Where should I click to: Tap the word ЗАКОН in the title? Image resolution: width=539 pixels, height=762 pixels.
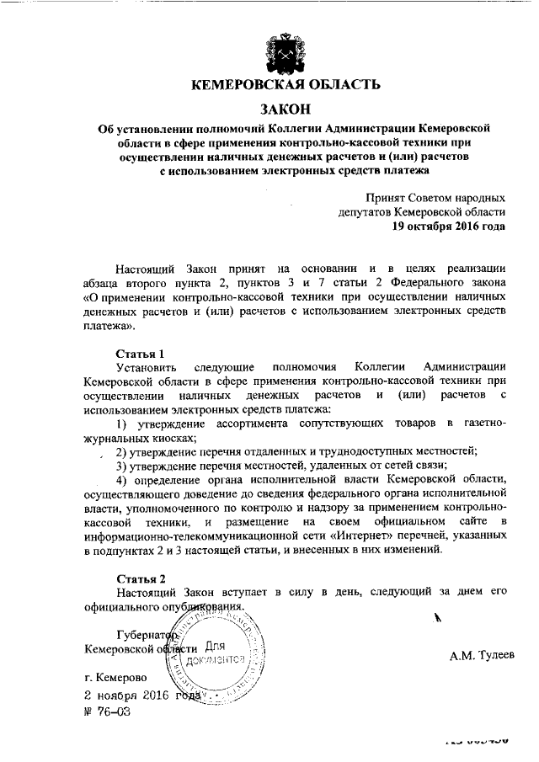point(285,109)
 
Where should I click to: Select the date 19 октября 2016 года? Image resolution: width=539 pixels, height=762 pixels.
point(449,227)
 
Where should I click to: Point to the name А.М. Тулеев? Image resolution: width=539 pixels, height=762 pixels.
point(478,655)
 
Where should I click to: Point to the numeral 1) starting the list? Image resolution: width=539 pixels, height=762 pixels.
point(121,422)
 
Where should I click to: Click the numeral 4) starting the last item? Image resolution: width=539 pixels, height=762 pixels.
point(121,479)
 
